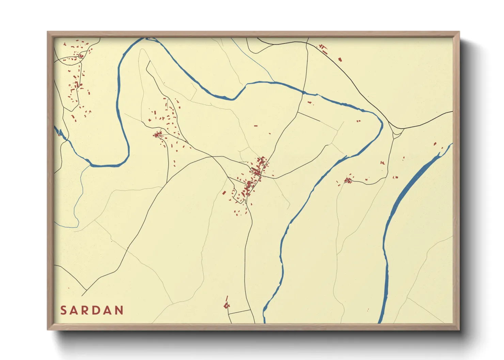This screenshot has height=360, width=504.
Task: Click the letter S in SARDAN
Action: point(63,310)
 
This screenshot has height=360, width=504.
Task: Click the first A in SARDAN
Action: point(77,310)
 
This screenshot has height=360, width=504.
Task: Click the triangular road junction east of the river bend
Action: point(397,131)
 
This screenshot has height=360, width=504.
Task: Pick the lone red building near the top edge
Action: point(340,60)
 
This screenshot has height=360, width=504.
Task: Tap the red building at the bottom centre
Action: point(226,305)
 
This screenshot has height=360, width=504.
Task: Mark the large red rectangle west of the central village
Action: point(224,193)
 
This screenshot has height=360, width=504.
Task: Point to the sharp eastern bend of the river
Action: point(382,124)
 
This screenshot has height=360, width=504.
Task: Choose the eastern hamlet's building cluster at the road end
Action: point(348,180)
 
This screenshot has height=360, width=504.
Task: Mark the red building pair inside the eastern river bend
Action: point(358,121)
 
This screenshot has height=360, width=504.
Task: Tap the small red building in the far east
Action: point(435,144)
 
